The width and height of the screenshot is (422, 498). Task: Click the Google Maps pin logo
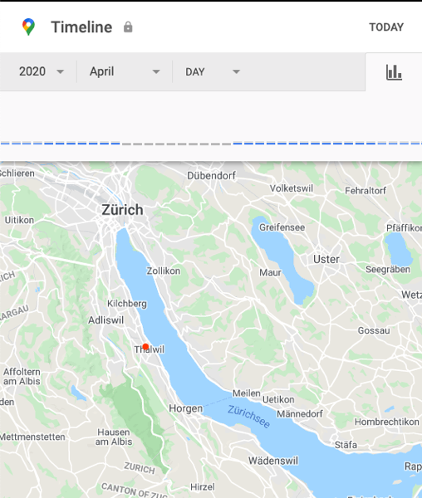(29, 27)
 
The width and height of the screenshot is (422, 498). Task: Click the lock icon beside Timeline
(128, 27)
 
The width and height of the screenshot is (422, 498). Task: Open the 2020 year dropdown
(41, 71)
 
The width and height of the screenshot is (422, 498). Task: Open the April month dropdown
(125, 71)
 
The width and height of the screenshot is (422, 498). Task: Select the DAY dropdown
(212, 71)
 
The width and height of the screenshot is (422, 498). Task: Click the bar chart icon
(394, 72)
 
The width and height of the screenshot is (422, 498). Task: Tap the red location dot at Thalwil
(145, 347)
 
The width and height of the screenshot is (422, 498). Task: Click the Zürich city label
(122, 210)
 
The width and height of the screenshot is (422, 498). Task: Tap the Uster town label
(326, 259)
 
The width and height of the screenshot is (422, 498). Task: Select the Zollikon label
(163, 271)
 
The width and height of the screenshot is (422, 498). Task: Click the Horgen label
(185, 408)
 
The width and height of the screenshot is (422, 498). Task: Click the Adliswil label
(105, 319)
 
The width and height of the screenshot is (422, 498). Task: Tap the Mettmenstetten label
(31, 436)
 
